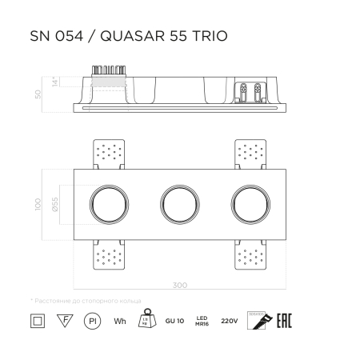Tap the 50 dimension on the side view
(x=38, y=94)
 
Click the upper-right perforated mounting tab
(x=251, y=153)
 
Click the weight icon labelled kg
(x=147, y=319)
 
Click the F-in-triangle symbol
(x=62, y=320)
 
